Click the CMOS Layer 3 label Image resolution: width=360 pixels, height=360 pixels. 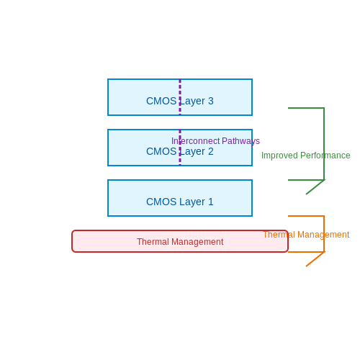click(x=180, y=101)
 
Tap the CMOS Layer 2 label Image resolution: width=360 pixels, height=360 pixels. click(x=180, y=151)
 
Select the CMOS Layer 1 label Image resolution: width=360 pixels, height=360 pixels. click(x=180, y=202)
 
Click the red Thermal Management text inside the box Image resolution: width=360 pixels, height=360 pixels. click(x=180, y=242)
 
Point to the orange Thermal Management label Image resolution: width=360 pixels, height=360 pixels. click(x=306, y=235)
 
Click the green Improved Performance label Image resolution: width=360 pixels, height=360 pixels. click(x=306, y=156)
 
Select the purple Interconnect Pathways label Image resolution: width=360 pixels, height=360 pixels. click(x=215, y=141)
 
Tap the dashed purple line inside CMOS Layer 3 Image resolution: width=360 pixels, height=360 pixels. click(x=180, y=97)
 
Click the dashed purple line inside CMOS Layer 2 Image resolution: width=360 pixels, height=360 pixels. click(x=180, y=148)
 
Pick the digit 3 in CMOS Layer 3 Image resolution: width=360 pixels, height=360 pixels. click(x=211, y=101)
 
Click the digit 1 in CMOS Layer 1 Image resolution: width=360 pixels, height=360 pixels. click(x=211, y=202)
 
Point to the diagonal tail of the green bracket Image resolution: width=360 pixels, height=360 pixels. click(x=315, y=187)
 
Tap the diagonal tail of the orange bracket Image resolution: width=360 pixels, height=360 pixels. click(x=315, y=259)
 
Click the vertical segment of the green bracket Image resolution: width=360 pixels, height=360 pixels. click(x=324, y=144)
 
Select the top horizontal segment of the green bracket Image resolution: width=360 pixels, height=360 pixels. click(x=306, y=108)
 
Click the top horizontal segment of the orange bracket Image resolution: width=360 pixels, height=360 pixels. click(x=306, y=216)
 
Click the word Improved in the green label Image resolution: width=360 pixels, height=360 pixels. click(x=279, y=156)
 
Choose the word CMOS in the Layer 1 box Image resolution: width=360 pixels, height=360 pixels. click(x=161, y=202)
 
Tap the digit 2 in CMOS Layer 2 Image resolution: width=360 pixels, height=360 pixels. click(x=211, y=151)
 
